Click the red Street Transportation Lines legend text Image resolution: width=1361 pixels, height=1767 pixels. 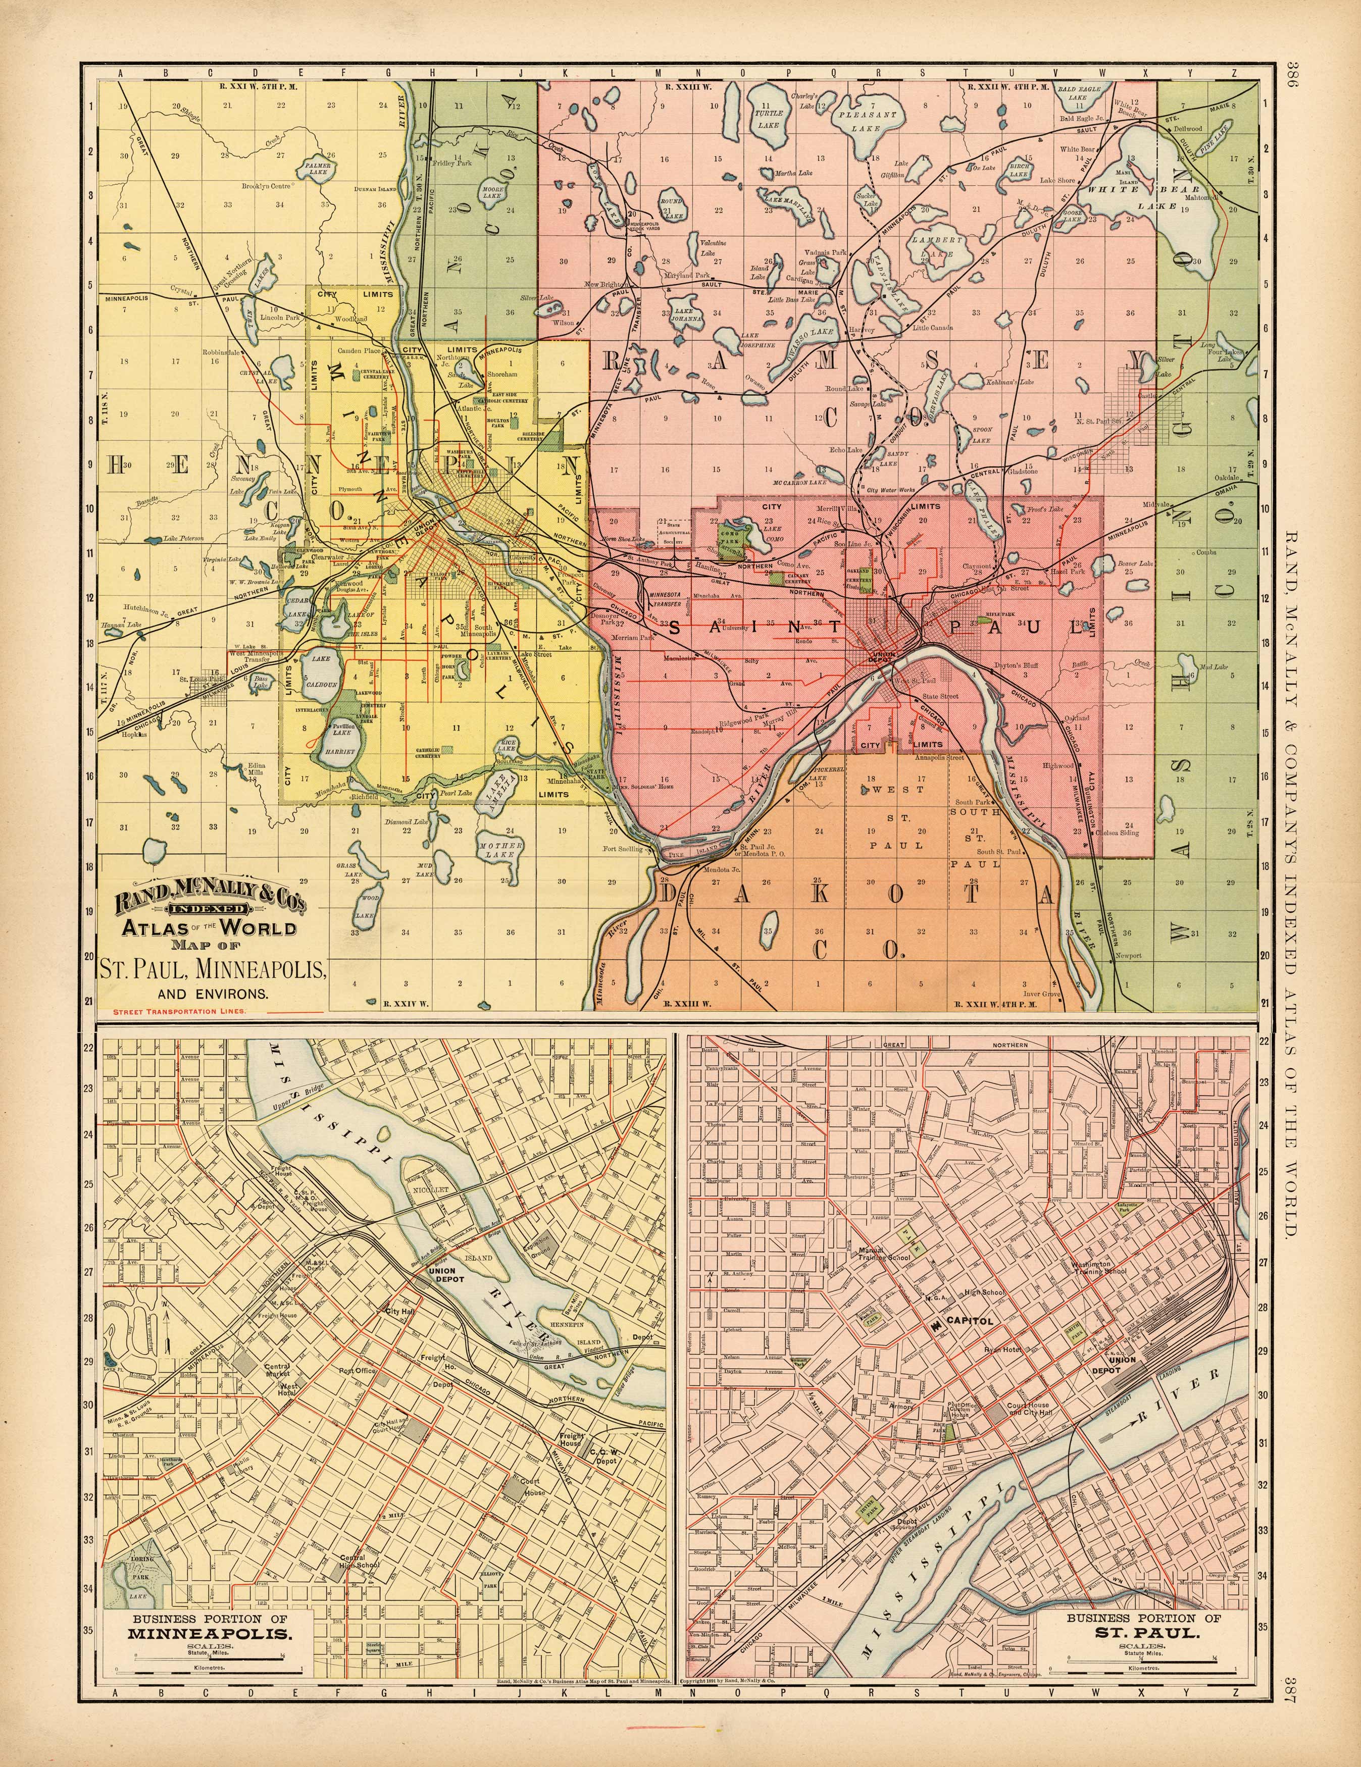[x=180, y=1011]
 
